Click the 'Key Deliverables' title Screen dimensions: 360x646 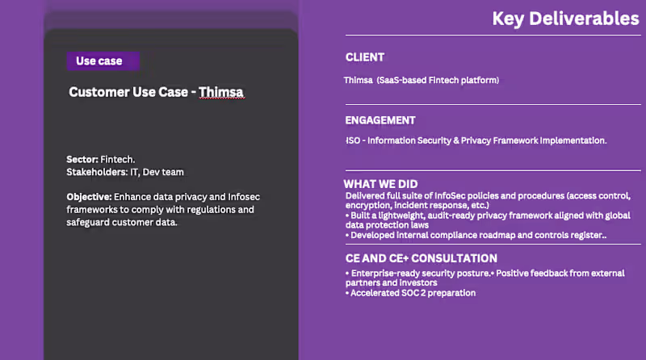(x=565, y=19)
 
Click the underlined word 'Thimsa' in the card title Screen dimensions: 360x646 (x=220, y=92)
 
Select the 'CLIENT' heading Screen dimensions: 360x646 (x=365, y=57)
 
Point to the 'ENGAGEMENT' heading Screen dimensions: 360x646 (x=380, y=120)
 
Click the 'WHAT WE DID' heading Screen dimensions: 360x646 (x=381, y=184)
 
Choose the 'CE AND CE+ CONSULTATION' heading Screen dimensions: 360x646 (x=421, y=258)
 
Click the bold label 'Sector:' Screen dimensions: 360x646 (x=82, y=160)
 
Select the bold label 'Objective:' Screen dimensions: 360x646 (x=89, y=197)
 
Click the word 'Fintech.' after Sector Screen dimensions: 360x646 (x=118, y=160)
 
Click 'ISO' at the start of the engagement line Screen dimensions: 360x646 (x=353, y=140)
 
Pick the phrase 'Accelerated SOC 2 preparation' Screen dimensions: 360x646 (x=413, y=293)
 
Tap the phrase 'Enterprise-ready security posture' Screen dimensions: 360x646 (x=420, y=274)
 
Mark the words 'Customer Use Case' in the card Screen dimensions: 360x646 (x=128, y=92)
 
